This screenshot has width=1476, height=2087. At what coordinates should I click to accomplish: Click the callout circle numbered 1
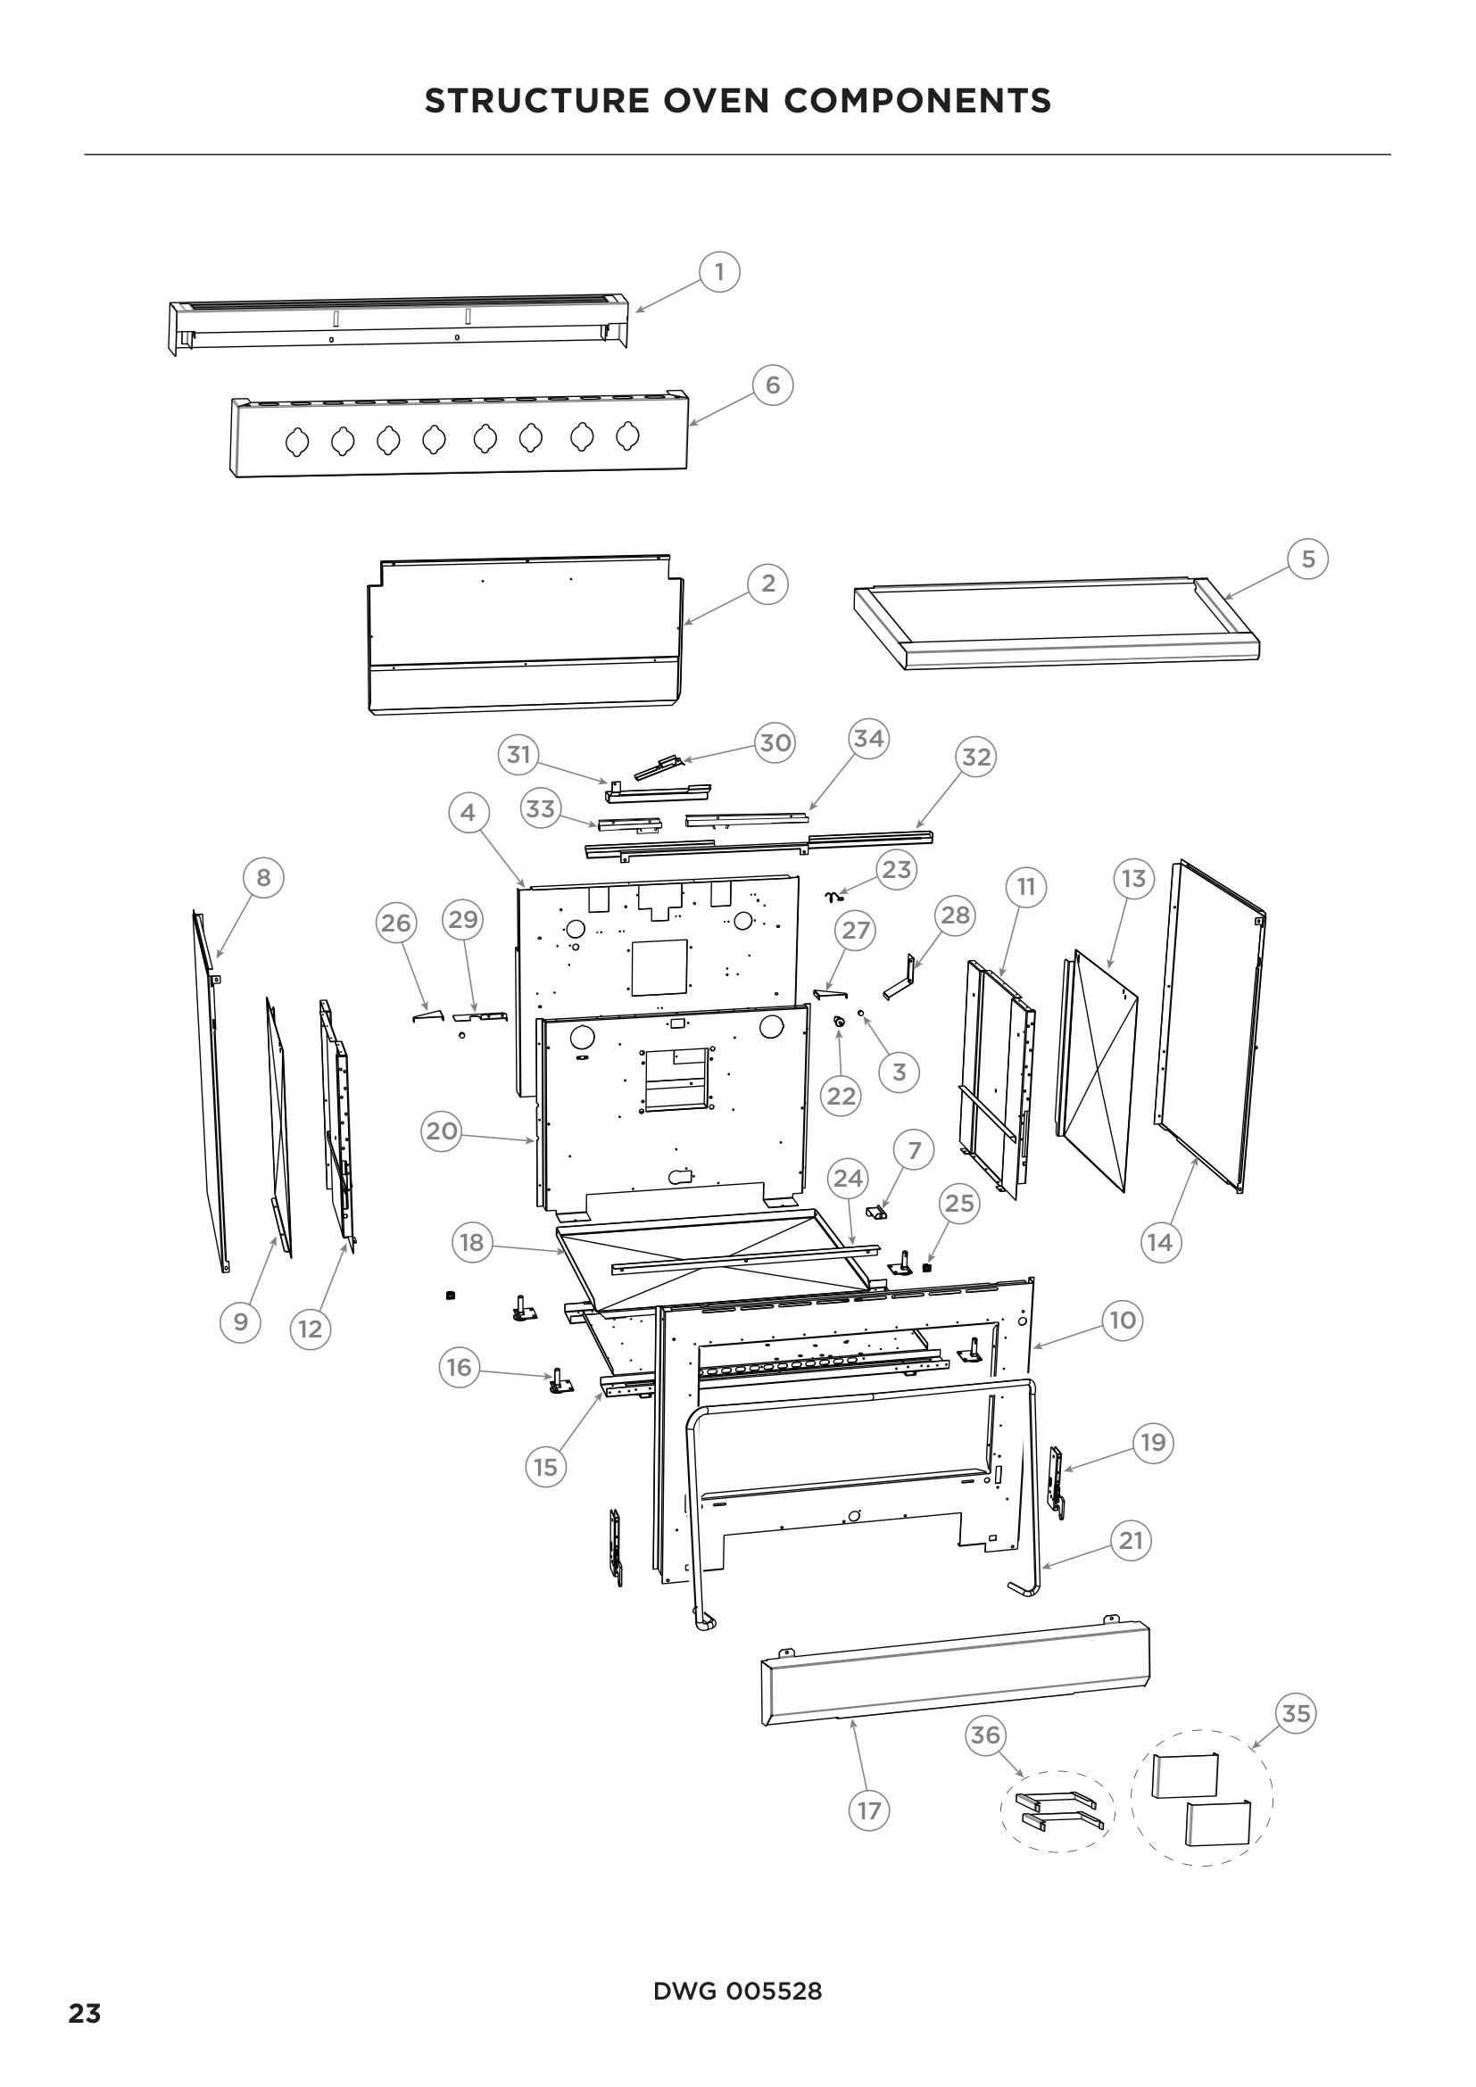pyautogui.click(x=720, y=272)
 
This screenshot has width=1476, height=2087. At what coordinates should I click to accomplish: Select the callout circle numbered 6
pyautogui.click(x=773, y=385)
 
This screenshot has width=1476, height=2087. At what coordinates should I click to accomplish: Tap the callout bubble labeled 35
pyautogui.click(x=1295, y=1713)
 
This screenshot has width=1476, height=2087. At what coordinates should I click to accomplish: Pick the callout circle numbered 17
pyautogui.click(x=869, y=1810)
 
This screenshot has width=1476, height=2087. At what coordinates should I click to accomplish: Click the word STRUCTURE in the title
pyautogui.click(x=537, y=101)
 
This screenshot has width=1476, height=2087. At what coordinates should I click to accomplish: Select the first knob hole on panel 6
pyautogui.click(x=298, y=442)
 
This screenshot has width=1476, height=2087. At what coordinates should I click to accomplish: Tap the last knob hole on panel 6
pyautogui.click(x=628, y=437)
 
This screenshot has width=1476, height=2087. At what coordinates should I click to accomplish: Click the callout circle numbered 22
pyautogui.click(x=841, y=1097)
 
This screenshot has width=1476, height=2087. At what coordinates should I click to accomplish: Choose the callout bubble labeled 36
pyautogui.click(x=985, y=1735)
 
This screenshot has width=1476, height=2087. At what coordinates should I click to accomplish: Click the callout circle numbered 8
pyautogui.click(x=263, y=877)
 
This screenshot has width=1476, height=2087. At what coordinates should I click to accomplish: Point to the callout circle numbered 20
pyautogui.click(x=442, y=1130)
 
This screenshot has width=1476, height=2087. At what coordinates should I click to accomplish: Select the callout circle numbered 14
pyautogui.click(x=1160, y=1242)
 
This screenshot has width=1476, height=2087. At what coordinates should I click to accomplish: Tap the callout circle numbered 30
pyautogui.click(x=775, y=742)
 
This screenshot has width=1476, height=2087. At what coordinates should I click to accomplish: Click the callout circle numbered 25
pyautogui.click(x=958, y=1204)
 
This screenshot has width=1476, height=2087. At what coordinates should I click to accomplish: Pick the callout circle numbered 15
pyautogui.click(x=545, y=1467)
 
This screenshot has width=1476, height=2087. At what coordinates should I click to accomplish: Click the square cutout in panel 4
pyautogui.click(x=659, y=966)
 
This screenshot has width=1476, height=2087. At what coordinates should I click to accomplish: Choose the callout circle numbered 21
pyautogui.click(x=1131, y=1541)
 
